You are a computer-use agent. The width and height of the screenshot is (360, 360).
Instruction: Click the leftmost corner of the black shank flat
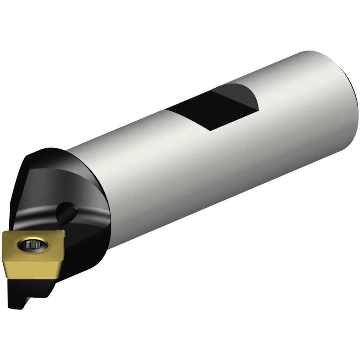[x=166, y=110]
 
